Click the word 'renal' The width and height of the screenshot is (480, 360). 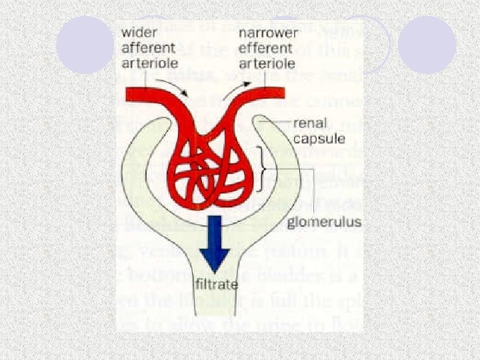pyautogui.click(x=309, y=123)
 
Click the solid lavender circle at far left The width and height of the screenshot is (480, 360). pyautogui.click(x=85, y=45)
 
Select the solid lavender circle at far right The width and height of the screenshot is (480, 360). pyautogui.click(x=427, y=45)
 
